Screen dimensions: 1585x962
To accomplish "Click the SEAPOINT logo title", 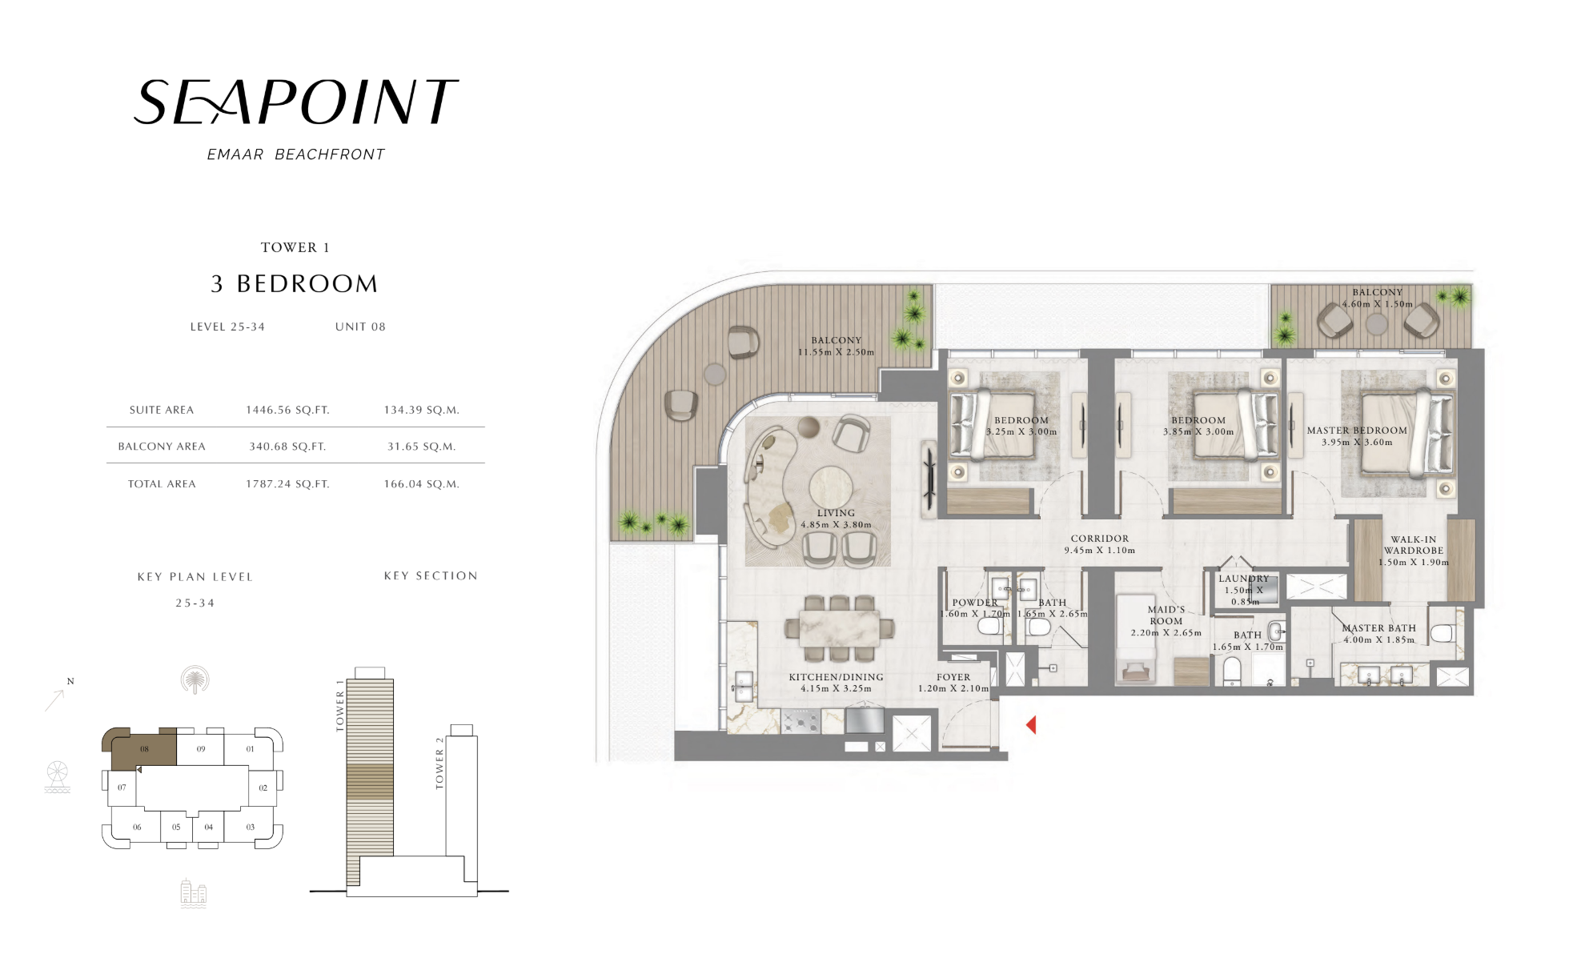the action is click(x=295, y=102).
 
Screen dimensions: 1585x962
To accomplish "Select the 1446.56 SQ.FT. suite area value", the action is click(x=287, y=410).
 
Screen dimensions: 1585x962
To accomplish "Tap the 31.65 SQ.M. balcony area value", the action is click(x=421, y=447).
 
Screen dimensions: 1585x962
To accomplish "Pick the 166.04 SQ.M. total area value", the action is click(x=421, y=484).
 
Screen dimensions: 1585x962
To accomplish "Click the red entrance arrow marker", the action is click(x=1031, y=725).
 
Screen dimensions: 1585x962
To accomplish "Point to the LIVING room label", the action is click(x=836, y=513).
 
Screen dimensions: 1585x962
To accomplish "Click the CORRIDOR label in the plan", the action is click(x=1100, y=539).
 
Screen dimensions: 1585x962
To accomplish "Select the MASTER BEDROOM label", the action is click(x=1357, y=431).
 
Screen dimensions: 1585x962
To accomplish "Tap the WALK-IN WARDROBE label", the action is click(x=1414, y=545).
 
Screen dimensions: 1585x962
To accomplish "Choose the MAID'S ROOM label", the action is click(x=1166, y=615).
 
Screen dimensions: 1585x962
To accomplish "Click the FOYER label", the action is click(x=953, y=677).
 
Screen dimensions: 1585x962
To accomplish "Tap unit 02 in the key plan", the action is click(x=263, y=788).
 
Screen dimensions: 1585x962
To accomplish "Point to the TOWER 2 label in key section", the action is click(x=439, y=763).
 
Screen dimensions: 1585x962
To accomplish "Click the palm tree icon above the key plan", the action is click(x=195, y=680).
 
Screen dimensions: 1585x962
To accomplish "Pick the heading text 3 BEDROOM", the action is click(x=295, y=284).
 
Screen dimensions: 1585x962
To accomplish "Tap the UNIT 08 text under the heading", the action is click(x=360, y=327).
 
